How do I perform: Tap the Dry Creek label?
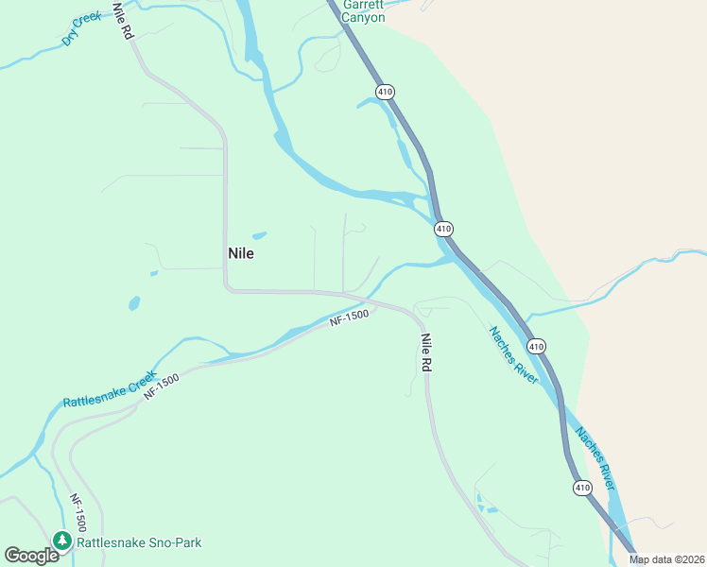[81, 29]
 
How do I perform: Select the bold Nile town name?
[241, 253]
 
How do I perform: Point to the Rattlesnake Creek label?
[109, 389]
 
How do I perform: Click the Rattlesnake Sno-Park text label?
[139, 542]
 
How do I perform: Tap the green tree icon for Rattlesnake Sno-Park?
[62, 541]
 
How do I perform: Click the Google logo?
[32, 556]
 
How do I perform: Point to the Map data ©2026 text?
[667, 559]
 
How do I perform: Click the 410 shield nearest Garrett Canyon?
[384, 92]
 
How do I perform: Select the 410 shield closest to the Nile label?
[444, 229]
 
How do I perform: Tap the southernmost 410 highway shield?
[582, 488]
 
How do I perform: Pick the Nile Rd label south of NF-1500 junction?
[426, 352]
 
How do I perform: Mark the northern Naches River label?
[513, 355]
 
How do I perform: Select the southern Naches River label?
[596, 460]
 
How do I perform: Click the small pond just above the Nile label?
[259, 235]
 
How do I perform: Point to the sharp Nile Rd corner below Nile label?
[227, 288]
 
